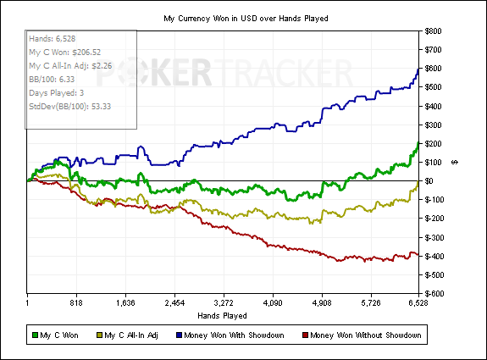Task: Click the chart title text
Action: tap(246, 19)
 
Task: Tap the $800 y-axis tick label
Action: tap(433, 31)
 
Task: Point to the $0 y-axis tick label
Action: tap(429, 180)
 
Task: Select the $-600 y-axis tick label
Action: tap(434, 294)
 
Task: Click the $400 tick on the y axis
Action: tap(433, 106)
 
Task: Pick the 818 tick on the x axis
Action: tap(76, 303)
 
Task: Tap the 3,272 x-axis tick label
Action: tap(224, 303)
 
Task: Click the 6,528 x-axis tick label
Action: tap(418, 303)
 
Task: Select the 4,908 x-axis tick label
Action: tap(322, 303)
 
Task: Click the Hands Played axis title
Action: tap(222, 316)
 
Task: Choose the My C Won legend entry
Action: tap(55, 335)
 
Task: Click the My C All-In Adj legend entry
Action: tap(127, 335)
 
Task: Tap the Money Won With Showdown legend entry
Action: tap(230, 335)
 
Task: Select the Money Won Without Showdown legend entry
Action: tap(362, 335)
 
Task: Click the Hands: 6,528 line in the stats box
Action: tap(53, 39)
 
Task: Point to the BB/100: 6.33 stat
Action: tap(52, 80)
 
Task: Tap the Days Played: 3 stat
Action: tap(57, 93)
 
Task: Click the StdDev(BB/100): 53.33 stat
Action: tap(70, 107)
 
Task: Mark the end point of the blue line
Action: tap(418, 69)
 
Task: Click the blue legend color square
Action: tap(179, 335)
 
